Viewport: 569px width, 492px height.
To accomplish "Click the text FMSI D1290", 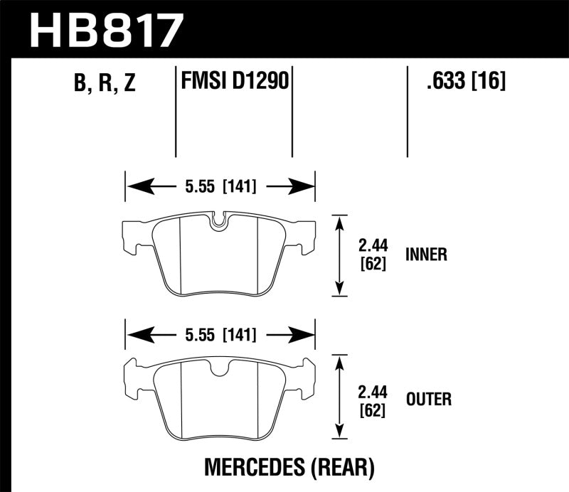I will pos(234,81).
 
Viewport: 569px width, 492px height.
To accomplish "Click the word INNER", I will pos(425,255).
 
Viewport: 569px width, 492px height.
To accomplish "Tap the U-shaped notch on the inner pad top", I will pos(220,220).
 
